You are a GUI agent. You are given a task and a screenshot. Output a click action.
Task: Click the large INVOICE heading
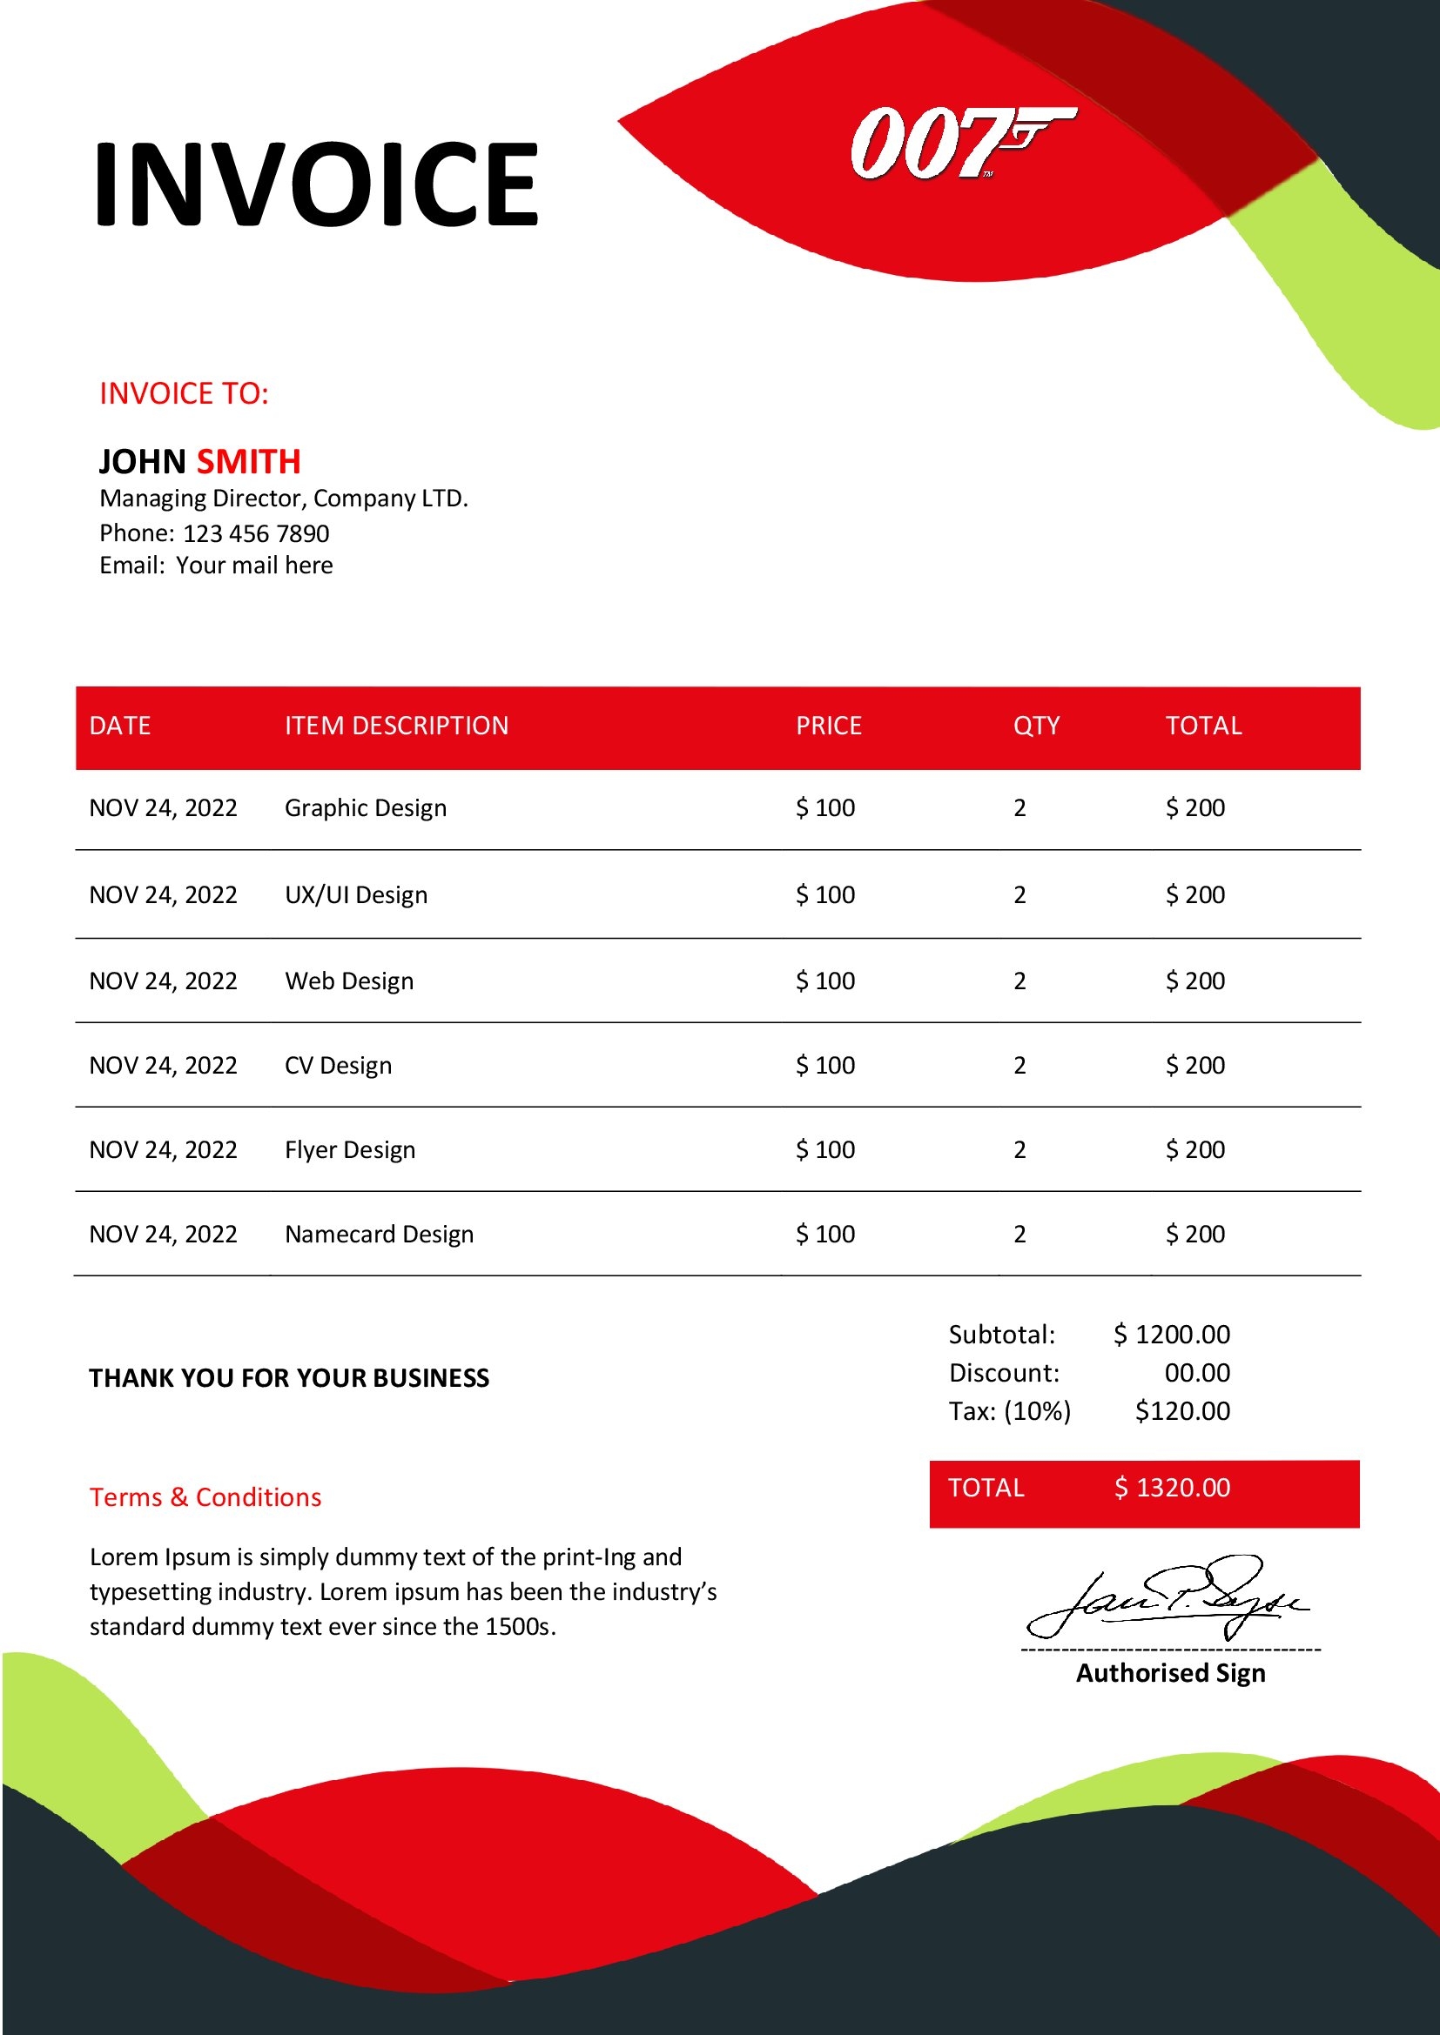click(317, 184)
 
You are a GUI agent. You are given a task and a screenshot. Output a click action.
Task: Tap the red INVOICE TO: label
click(184, 393)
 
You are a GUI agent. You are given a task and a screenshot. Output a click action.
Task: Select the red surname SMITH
click(248, 462)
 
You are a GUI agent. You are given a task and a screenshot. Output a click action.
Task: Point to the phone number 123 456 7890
click(255, 533)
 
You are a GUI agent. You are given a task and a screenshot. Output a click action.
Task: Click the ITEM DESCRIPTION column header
click(396, 726)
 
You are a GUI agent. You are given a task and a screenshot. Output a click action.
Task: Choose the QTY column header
click(1036, 726)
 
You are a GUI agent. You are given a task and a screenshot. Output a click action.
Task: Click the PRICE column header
click(828, 726)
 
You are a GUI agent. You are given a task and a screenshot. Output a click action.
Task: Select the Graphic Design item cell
click(366, 808)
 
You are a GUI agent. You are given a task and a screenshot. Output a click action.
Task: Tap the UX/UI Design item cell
click(355, 895)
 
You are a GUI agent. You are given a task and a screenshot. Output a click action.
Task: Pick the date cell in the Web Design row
click(163, 981)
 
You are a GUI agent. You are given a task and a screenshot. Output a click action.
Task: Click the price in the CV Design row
click(824, 1066)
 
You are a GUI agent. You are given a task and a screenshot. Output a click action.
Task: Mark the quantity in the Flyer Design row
click(1019, 1150)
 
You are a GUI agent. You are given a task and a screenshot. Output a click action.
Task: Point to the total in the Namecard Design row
click(1194, 1235)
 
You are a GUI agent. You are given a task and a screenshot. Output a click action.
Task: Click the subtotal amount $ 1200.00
click(1171, 1335)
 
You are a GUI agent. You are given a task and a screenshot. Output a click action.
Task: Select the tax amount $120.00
click(1182, 1411)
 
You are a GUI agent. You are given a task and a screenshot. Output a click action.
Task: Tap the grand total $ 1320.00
click(1171, 1488)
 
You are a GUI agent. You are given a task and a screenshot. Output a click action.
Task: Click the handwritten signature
click(1166, 1598)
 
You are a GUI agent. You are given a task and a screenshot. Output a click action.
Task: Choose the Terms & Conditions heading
click(205, 1498)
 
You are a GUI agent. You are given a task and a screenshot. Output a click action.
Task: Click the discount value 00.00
click(1197, 1373)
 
